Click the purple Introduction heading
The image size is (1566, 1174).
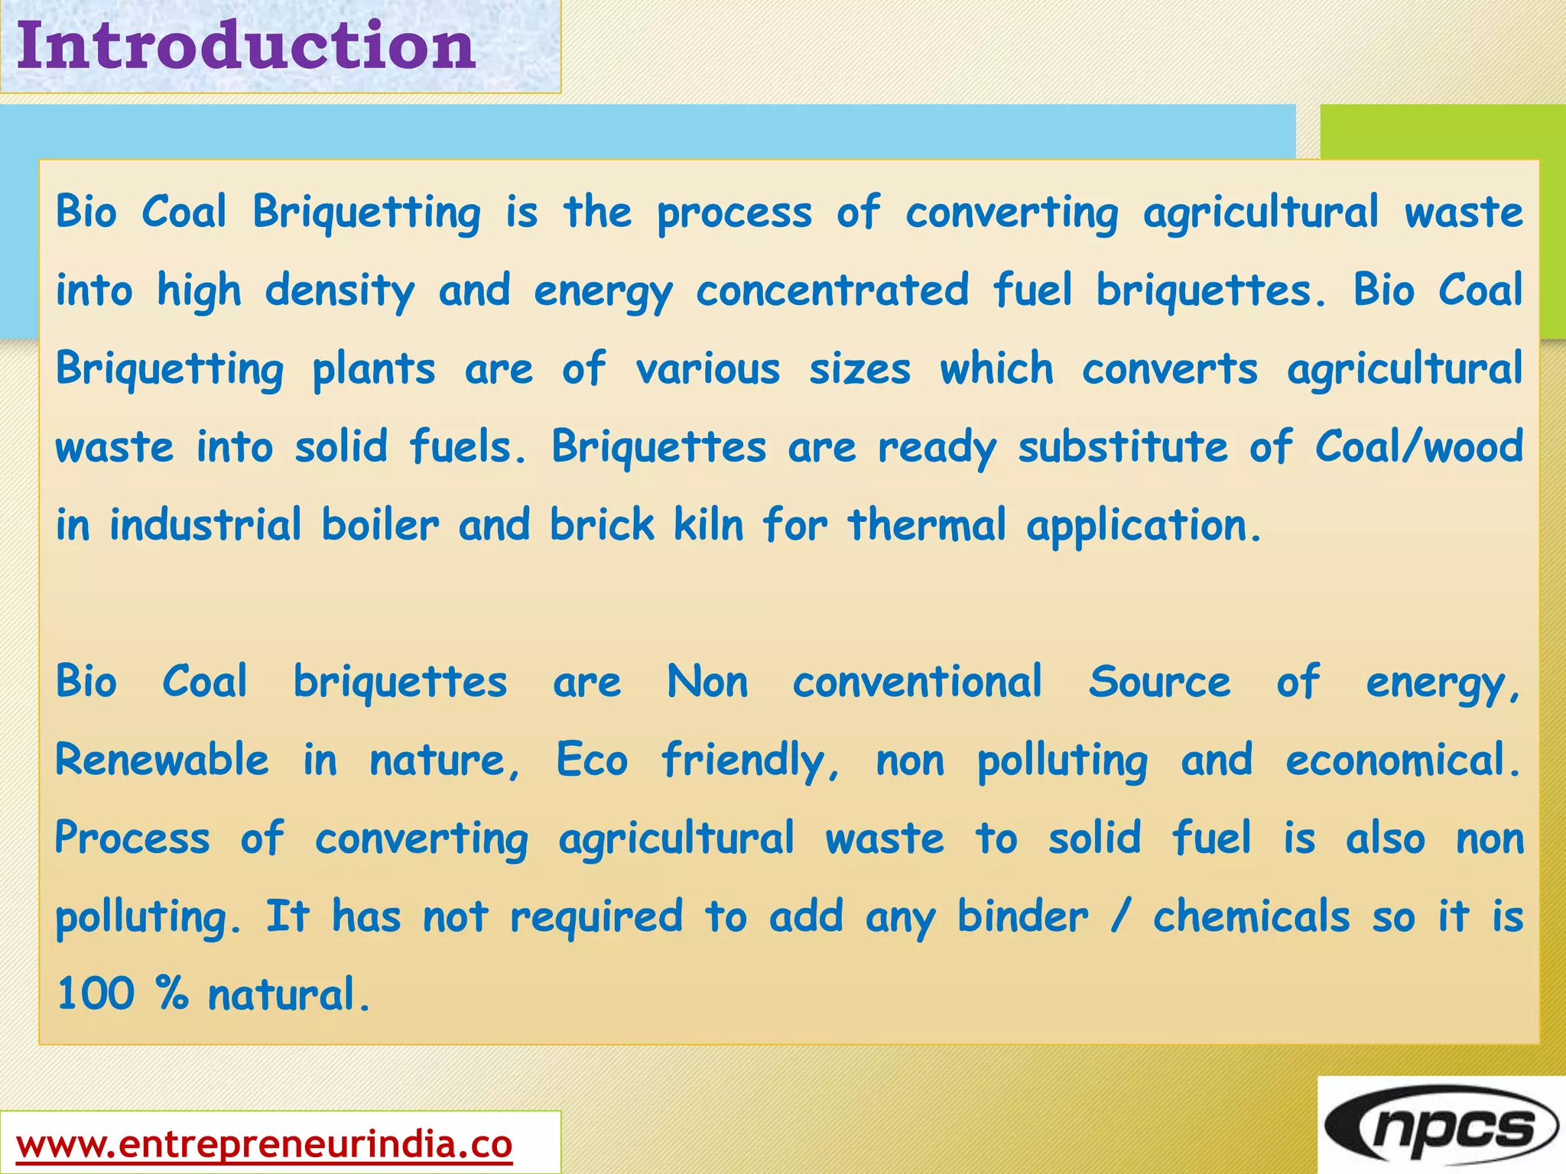coord(246,46)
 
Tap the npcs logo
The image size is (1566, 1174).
coord(1441,1127)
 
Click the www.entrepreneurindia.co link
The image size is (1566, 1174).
coord(264,1145)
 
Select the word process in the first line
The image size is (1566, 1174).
coord(734,214)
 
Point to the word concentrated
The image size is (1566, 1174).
coord(832,291)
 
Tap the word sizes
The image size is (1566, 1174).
coord(860,370)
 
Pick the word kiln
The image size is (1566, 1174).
coord(708,526)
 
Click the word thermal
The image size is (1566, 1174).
coord(926,526)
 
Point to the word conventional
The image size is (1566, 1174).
coord(917,682)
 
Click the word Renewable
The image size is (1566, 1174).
coord(162,761)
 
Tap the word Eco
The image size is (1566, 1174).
coord(592,761)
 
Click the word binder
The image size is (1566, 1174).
coord(1022,917)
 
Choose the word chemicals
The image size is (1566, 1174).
coord(1251,917)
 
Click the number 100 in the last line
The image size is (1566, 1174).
coord(96,994)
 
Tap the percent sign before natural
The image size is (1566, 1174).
coord(172,994)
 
